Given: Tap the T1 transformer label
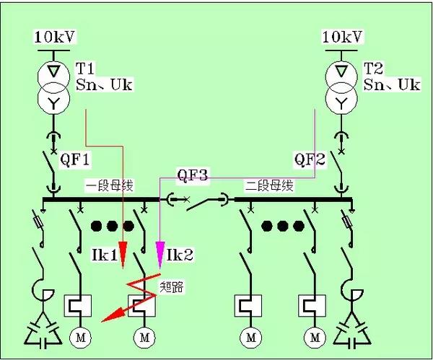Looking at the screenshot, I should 85,69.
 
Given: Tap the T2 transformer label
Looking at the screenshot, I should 373,69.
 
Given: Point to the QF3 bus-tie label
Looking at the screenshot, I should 193,175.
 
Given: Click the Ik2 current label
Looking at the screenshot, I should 178,255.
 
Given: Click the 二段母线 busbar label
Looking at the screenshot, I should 269,186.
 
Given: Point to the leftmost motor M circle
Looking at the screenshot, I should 77,336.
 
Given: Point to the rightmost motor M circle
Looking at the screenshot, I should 315,336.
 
